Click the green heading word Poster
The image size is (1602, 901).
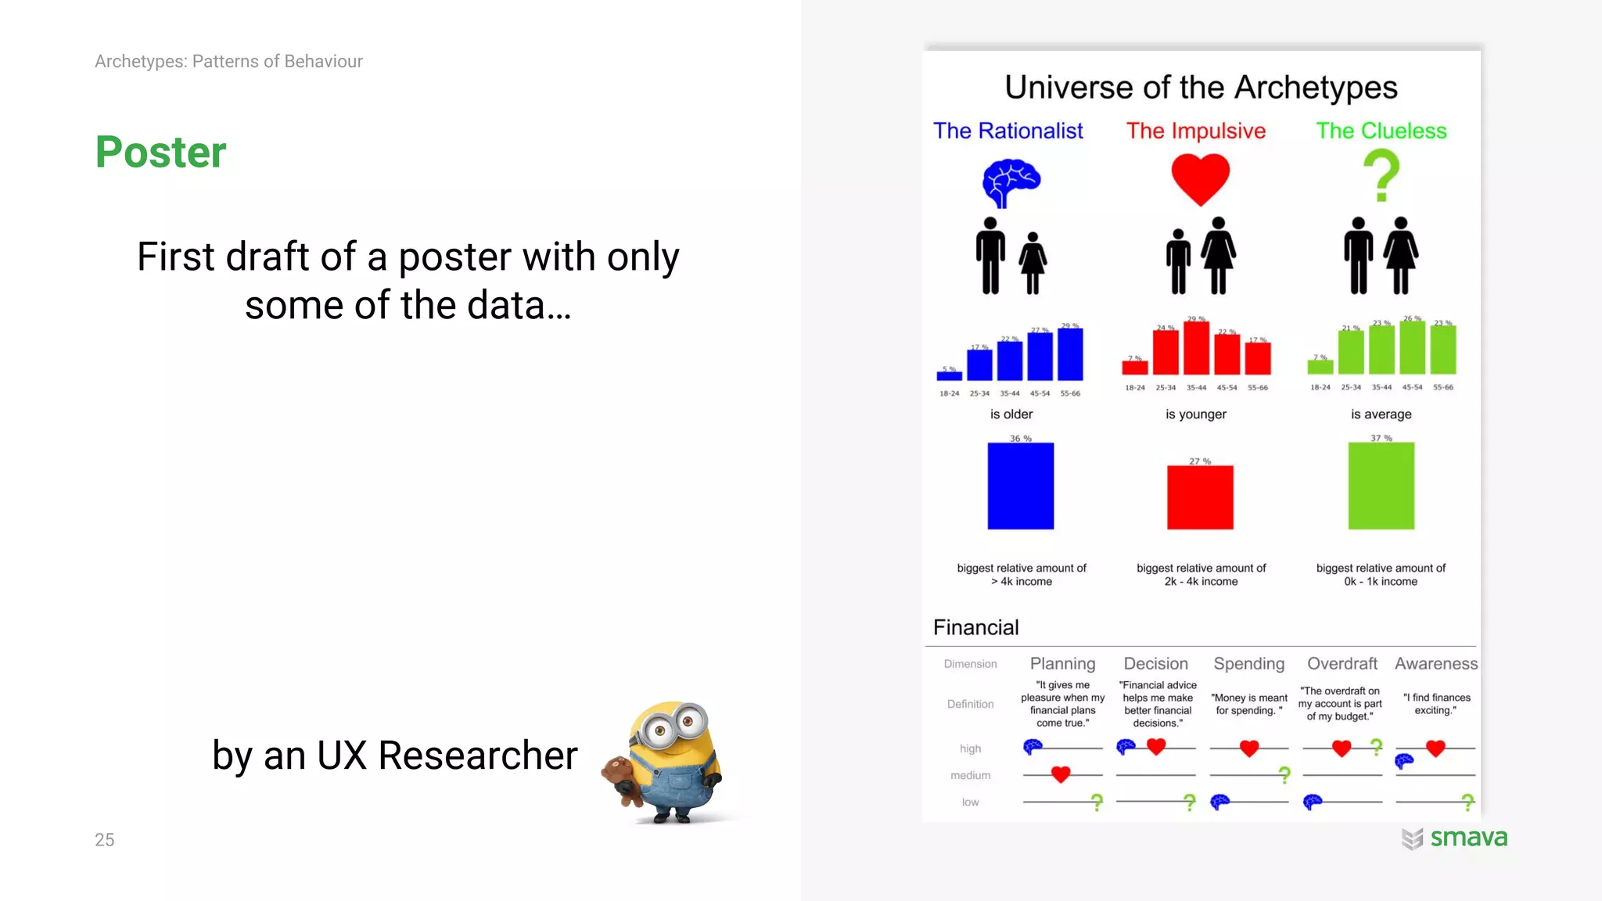click(160, 152)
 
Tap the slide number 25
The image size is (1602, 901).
click(105, 840)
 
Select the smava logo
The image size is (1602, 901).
click(1455, 838)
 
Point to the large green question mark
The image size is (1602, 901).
click(1381, 175)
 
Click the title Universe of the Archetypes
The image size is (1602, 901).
click(1201, 87)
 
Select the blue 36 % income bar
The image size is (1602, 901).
click(1020, 486)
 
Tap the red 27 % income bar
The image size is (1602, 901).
click(1200, 497)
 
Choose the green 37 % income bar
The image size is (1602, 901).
click(1381, 486)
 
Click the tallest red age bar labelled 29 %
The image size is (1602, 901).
click(1196, 348)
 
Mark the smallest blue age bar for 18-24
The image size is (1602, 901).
click(950, 375)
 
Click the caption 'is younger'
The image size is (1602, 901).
click(1196, 415)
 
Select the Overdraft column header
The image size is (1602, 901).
click(1342, 664)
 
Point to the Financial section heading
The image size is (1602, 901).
click(975, 627)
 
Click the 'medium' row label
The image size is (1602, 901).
click(970, 775)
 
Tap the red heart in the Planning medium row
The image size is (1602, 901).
click(1061, 774)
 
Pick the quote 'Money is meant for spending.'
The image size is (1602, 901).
click(1249, 704)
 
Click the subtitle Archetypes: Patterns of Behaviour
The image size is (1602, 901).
click(228, 61)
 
